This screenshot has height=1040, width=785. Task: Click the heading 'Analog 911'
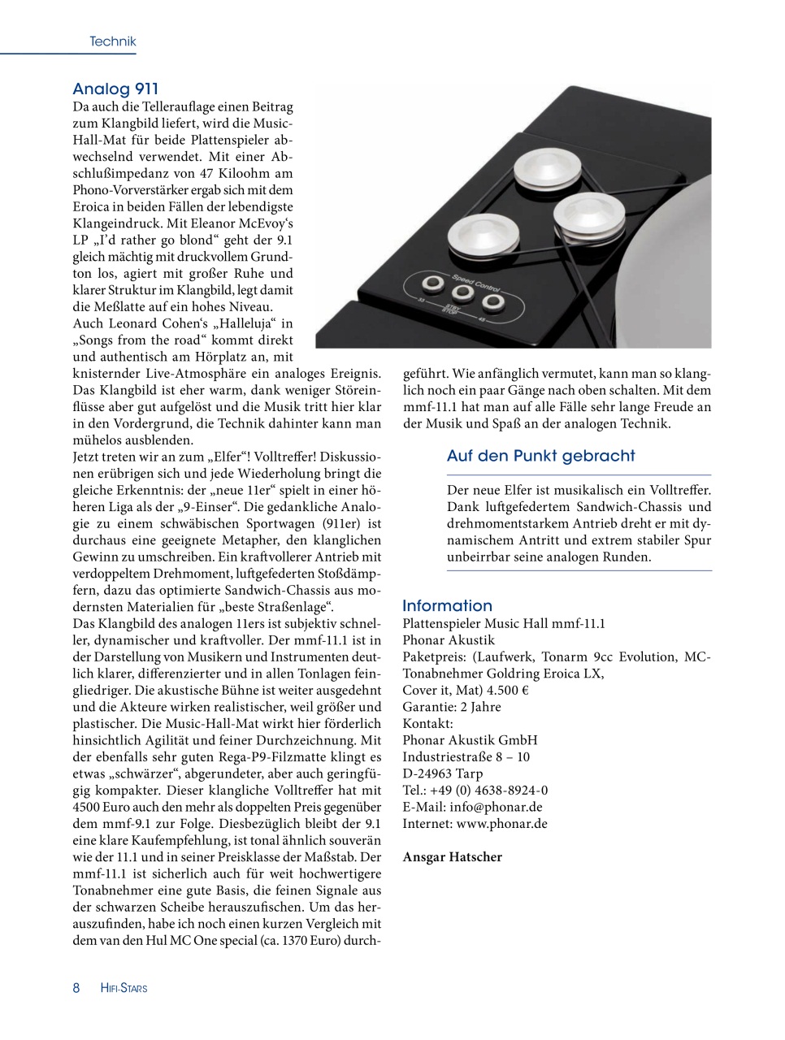(115, 89)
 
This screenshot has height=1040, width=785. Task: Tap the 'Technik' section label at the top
(112, 41)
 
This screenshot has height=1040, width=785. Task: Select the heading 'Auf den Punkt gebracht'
(540, 456)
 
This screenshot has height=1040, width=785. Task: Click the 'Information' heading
(447, 605)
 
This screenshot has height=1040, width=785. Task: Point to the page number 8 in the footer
(76, 988)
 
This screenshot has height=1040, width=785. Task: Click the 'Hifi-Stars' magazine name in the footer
(124, 989)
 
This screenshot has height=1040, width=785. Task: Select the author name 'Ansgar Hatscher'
(452, 856)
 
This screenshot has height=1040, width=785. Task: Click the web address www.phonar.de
(501, 823)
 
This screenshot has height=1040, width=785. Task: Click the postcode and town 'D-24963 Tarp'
(442, 773)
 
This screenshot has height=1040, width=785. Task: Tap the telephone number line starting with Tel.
(475, 790)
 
